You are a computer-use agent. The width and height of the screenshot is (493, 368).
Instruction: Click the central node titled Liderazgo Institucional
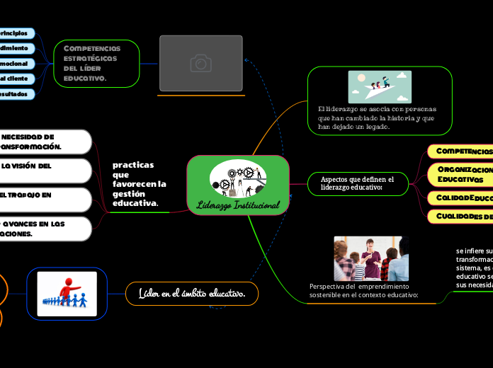point(238,205)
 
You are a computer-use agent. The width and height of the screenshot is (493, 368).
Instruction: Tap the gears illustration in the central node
point(238,179)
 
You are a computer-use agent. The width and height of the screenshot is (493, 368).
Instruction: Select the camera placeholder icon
point(201,64)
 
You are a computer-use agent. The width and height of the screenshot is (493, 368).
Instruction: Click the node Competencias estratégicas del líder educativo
point(96,63)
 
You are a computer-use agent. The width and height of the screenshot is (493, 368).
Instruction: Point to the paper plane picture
point(380,86)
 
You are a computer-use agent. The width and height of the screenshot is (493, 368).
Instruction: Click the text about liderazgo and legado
point(377,117)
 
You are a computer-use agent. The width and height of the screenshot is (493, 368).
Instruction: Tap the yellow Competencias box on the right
point(461,151)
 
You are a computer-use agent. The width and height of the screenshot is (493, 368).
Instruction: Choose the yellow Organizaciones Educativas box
point(461,175)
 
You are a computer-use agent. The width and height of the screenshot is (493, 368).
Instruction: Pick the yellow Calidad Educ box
point(461,197)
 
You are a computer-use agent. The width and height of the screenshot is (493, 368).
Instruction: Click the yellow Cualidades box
point(461,216)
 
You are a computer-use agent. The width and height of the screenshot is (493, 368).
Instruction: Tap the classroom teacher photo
point(371,258)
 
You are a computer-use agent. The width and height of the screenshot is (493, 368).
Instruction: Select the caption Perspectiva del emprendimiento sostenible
point(363,290)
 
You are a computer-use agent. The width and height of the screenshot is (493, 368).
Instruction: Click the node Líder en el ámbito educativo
point(192,293)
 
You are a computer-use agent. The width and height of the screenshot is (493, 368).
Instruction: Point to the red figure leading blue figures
point(67,293)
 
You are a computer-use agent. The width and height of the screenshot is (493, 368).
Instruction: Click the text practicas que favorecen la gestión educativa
point(139,184)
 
